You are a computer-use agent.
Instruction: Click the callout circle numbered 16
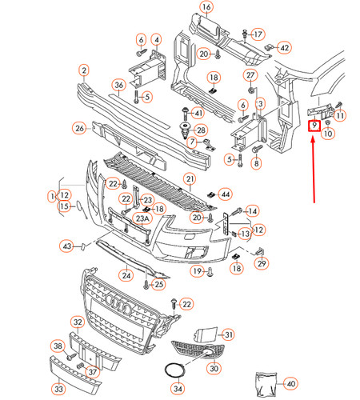pos(206,8)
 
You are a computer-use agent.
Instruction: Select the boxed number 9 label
pos(314,125)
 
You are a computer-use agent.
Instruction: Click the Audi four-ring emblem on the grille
pos(117,306)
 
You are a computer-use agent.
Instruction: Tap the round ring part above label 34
pos(174,370)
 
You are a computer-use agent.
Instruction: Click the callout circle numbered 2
pos(82,71)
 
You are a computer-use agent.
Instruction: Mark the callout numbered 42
pos(284,47)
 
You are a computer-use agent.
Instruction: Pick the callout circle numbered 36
pos(118,86)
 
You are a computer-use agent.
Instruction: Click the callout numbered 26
pos(79,127)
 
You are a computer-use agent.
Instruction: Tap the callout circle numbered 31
pos(228,334)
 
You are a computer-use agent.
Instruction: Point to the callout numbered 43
pos(67,246)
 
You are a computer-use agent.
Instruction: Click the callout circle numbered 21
pos(190,178)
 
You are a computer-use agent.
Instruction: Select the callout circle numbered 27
pos(250,75)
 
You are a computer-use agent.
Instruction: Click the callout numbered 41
pos(198,113)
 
